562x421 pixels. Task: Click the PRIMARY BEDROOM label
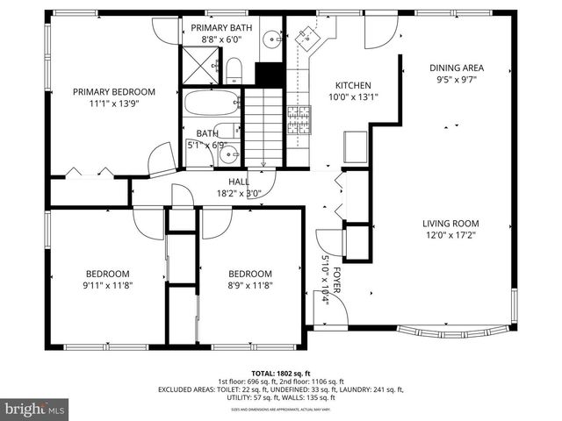(x=113, y=92)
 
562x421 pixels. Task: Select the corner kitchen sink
(x=306, y=35)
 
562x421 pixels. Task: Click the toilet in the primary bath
(x=234, y=69)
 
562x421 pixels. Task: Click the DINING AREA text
(x=456, y=68)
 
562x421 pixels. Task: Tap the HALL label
(x=238, y=182)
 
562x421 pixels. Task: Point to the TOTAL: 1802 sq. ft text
(x=280, y=373)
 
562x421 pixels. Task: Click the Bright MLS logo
(x=35, y=409)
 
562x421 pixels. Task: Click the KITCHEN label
(x=353, y=86)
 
